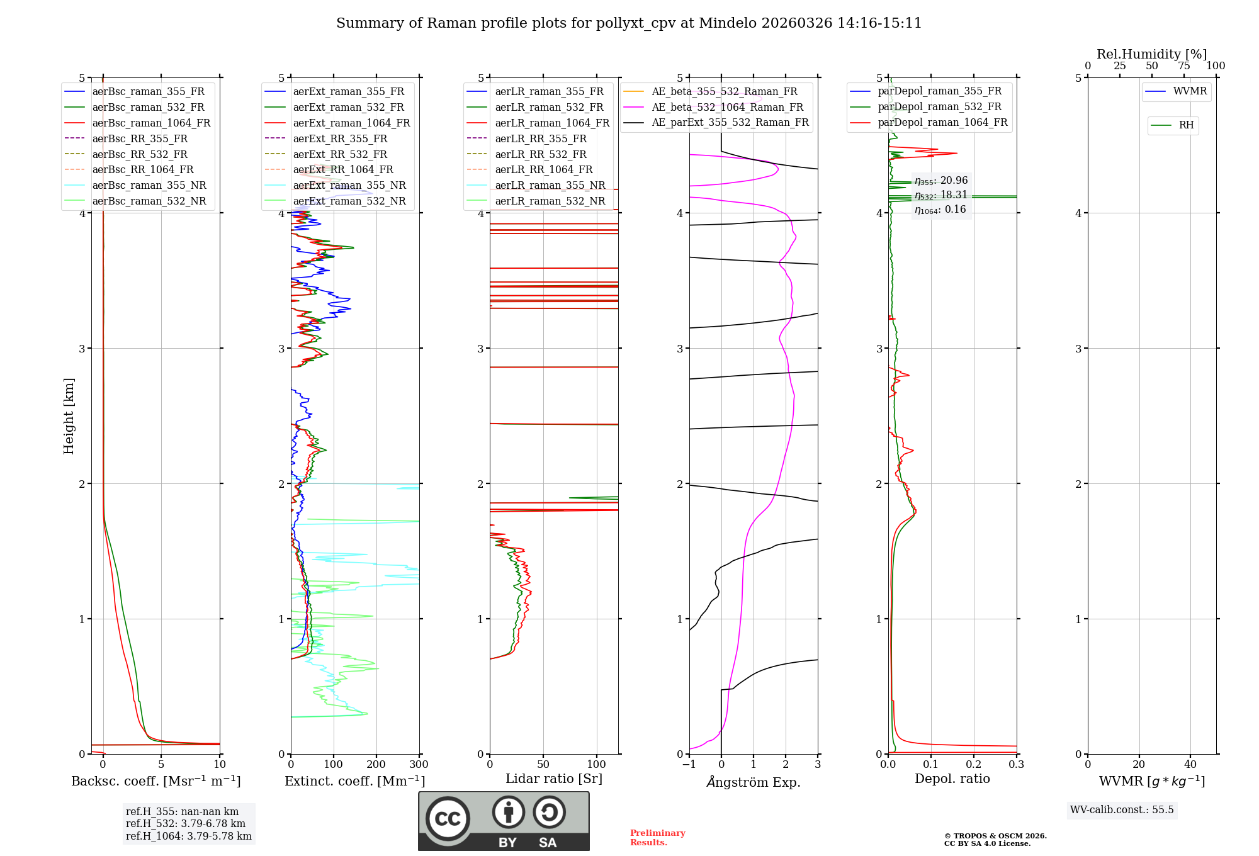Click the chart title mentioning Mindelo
tap(629, 23)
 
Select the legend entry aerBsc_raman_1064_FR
tap(151, 123)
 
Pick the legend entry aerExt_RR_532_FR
tap(340, 154)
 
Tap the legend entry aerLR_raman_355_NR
tap(550, 185)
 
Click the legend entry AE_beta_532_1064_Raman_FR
tap(727, 107)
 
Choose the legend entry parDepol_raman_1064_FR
tap(942, 122)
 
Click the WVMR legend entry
tap(1190, 91)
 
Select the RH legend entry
tap(1186, 125)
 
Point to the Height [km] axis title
tap(69, 416)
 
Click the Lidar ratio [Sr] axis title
tap(554, 779)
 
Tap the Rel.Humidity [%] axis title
tap(1151, 54)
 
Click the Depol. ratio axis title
tap(952, 779)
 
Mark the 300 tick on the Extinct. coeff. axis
tap(419, 765)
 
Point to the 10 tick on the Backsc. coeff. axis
tap(220, 765)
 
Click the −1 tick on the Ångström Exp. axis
tap(689, 765)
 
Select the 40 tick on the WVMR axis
tap(1190, 765)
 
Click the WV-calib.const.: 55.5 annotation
tap(1122, 809)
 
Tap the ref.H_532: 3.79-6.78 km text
tap(186, 823)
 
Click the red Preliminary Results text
tap(657, 838)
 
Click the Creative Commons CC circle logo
tap(448, 818)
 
